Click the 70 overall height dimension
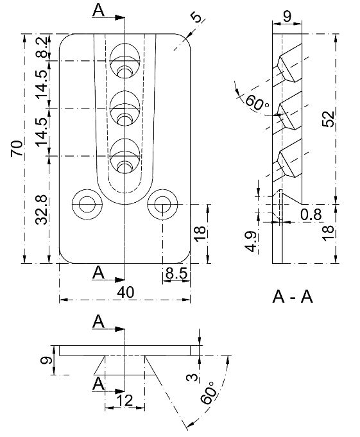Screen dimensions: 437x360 click(17, 149)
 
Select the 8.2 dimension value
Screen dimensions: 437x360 click(42, 47)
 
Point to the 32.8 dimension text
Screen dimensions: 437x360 click(42, 210)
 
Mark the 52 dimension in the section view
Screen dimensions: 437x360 click(327, 119)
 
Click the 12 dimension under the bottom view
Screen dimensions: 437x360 click(124, 401)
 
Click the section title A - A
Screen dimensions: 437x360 click(293, 297)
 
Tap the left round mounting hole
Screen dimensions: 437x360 click(85, 205)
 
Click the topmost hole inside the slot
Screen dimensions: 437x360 click(124, 60)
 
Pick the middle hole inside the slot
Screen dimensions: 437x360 click(124, 108)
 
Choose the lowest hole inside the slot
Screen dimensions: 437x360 click(124, 156)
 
